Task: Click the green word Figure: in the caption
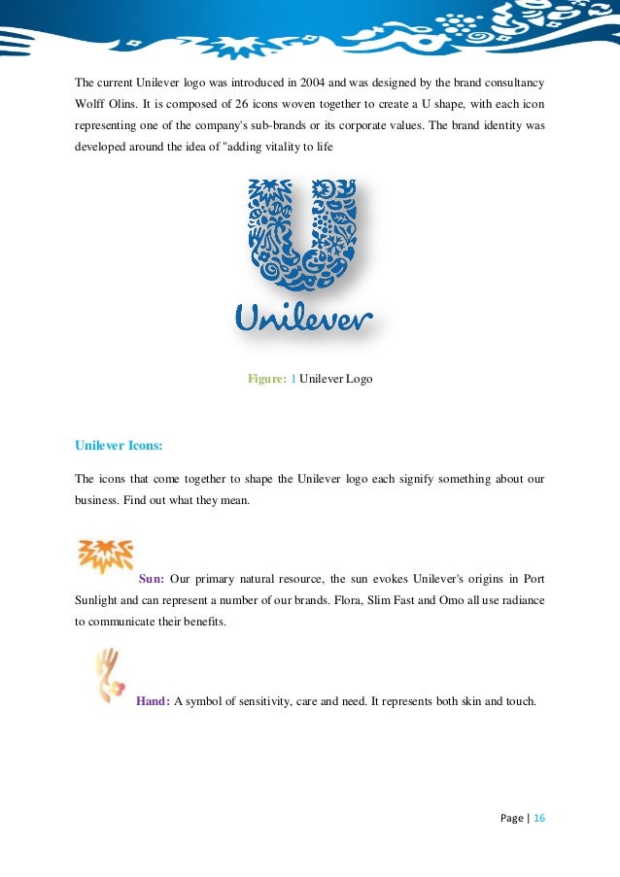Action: click(x=266, y=379)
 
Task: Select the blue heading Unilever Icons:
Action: click(x=119, y=446)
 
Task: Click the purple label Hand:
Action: click(x=154, y=701)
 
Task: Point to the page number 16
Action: click(x=538, y=818)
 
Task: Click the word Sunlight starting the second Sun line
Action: click(x=99, y=600)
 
